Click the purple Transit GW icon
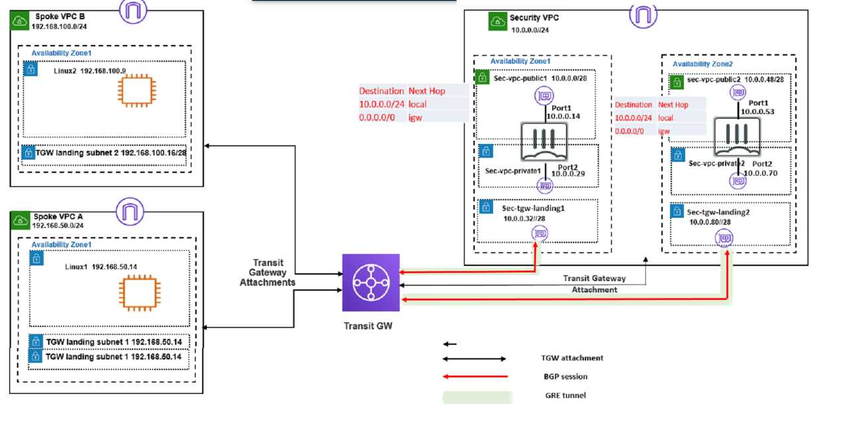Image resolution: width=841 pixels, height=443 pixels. (x=371, y=282)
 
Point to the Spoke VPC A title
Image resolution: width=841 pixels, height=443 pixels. (x=59, y=217)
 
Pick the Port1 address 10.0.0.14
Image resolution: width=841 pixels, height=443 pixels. (x=563, y=115)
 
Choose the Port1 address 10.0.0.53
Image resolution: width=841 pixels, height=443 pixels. (x=758, y=112)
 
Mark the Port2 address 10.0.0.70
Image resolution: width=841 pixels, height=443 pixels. (x=760, y=173)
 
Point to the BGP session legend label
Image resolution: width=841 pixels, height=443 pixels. (x=565, y=377)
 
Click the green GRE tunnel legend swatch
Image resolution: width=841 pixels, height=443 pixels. (x=477, y=397)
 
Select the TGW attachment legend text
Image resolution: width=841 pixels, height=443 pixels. (x=572, y=358)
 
